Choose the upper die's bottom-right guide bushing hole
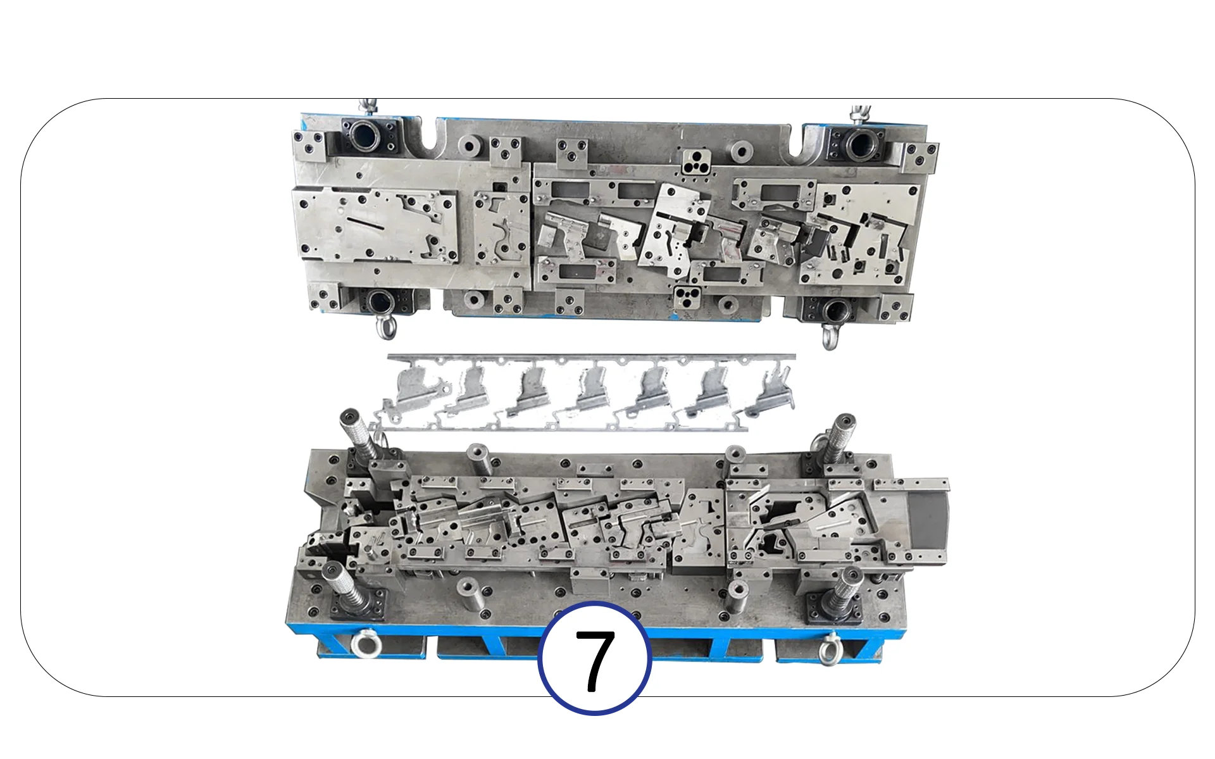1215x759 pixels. tap(834, 310)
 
